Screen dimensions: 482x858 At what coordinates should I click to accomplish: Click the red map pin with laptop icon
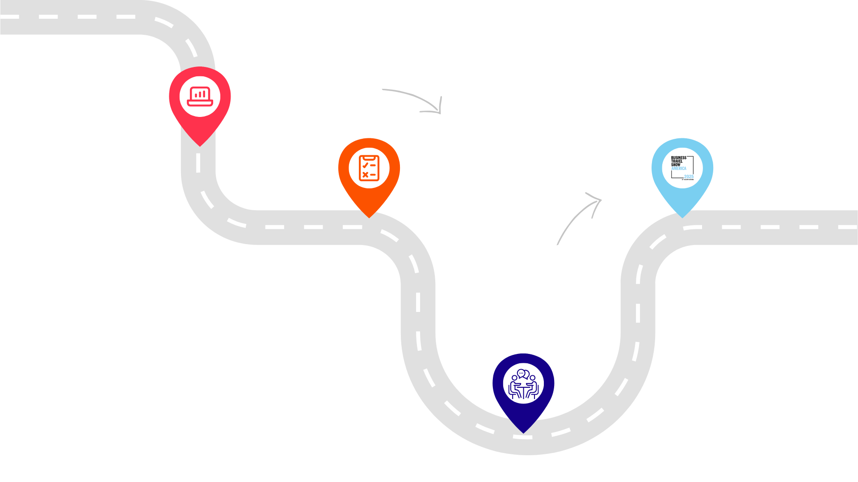[200, 99]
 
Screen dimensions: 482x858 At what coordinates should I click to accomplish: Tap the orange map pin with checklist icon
[369, 170]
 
